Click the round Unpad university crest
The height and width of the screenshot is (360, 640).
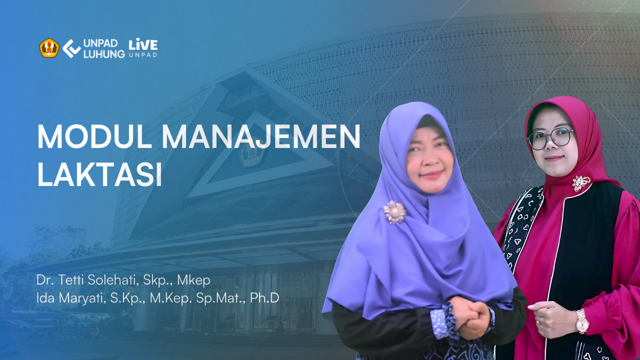click(x=49, y=48)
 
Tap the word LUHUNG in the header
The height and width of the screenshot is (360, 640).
click(x=104, y=54)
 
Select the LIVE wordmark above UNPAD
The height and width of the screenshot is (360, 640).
click(x=143, y=44)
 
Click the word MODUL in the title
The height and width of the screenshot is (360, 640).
click(x=94, y=137)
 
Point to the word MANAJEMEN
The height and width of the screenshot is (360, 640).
click(x=261, y=137)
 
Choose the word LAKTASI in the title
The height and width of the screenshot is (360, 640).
click(x=99, y=175)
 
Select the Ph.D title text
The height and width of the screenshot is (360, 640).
click(x=264, y=298)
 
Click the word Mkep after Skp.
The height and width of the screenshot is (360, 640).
click(x=193, y=280)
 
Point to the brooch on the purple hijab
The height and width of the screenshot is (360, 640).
click(x=395, y=212)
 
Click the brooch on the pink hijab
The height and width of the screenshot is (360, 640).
click(x=580, y=183)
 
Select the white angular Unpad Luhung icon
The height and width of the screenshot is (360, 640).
click(x=71, y=48)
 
